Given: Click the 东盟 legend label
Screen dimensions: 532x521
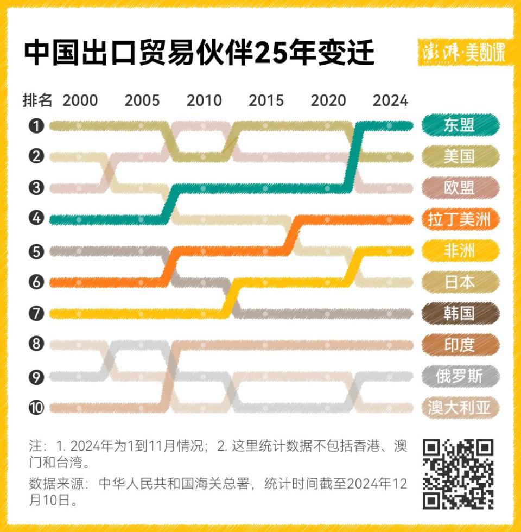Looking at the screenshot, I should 459,125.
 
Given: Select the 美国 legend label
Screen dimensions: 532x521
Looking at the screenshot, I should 459,157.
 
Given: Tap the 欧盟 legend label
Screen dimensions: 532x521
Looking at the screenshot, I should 459,188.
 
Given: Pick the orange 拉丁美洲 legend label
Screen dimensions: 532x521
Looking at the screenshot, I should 459,219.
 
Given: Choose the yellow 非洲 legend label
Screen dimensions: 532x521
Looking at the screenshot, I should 459,251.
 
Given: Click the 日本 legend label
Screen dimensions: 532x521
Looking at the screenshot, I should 459,282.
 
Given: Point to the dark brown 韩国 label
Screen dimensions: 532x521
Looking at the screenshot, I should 459,313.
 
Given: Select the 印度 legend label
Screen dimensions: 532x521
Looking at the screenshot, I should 459,345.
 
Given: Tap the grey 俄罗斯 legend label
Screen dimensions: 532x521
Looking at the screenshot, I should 459,376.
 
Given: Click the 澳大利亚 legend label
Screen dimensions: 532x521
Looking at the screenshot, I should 459,407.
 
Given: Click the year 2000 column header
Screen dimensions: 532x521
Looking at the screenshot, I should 80,100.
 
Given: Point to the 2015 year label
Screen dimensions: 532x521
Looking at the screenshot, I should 266,100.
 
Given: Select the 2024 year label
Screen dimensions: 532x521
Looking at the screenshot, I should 390,100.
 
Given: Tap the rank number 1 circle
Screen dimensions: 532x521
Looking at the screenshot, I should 36,126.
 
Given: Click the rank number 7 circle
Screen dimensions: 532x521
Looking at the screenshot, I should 36,314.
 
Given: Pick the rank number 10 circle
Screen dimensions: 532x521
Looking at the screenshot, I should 36,408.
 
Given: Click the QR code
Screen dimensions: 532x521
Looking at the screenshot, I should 458,473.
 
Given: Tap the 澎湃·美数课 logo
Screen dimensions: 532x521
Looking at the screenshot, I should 465,53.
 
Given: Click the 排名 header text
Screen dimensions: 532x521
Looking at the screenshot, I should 37,100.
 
